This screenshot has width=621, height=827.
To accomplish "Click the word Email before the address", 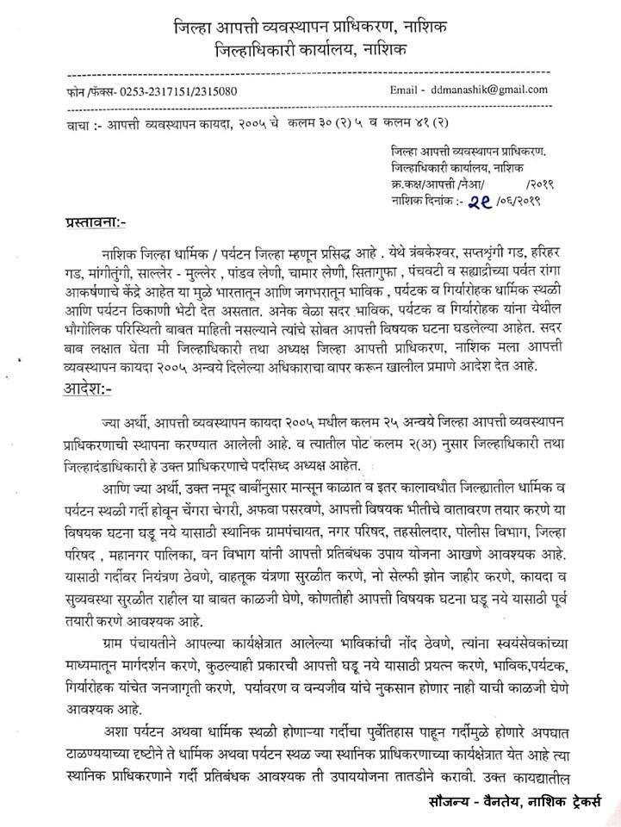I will point(406,90).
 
